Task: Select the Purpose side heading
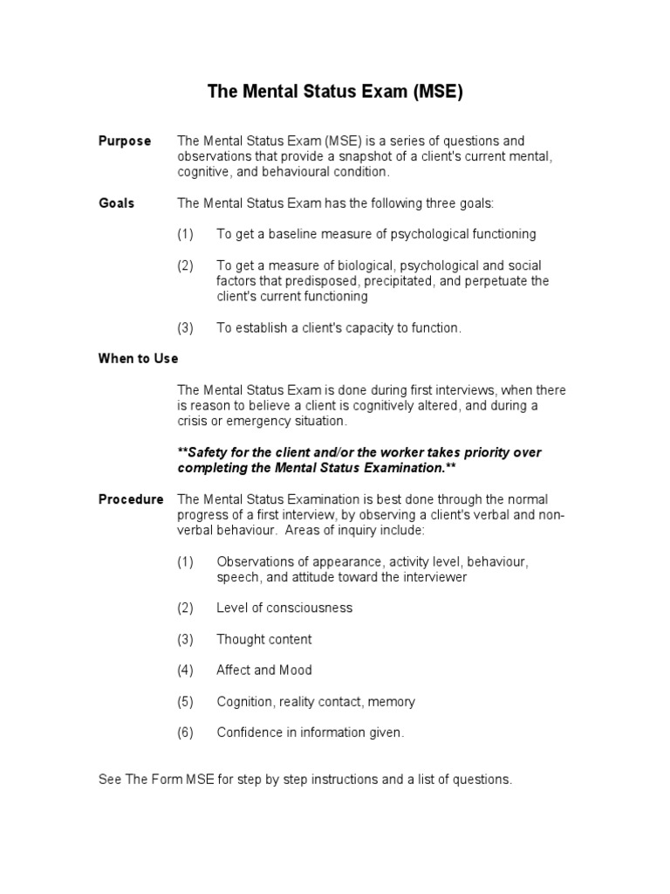[x=124, y=141]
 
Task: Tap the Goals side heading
[x=116, y=203]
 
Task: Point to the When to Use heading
[x=138, y=359]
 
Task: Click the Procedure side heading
[x=130, y=499]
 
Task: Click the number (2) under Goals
[x=185, y=265]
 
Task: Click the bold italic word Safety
[x=209, y=452]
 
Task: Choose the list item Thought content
[x=263, y=639]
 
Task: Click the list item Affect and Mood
[x=263, y=670]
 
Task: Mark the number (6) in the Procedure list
[x=185, y=733]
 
